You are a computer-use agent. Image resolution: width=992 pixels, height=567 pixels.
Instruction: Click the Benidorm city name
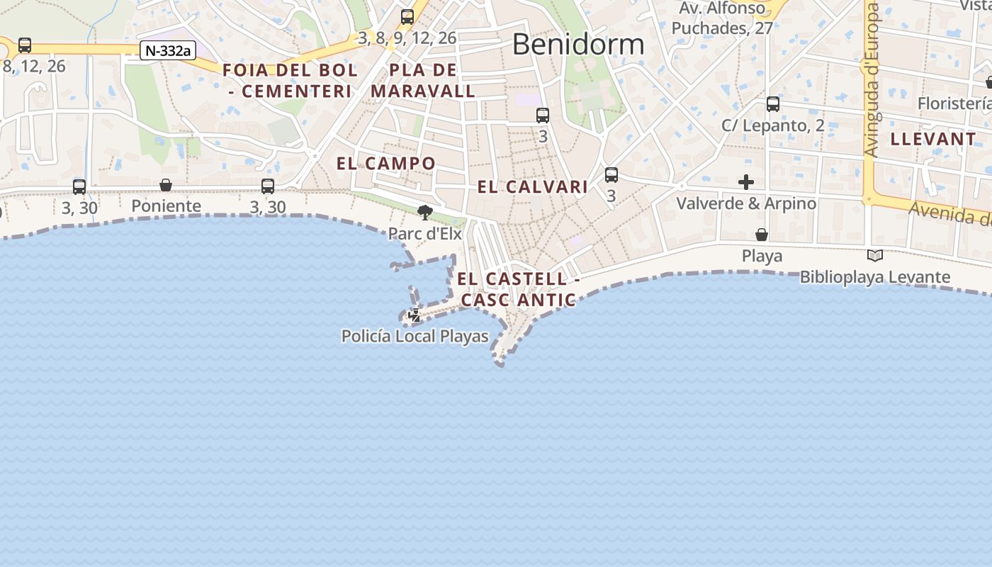pos(577,45)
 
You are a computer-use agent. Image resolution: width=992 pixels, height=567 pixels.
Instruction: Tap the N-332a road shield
pos(167,50)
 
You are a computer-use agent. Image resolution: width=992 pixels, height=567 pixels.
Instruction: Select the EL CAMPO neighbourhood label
pos(386,163)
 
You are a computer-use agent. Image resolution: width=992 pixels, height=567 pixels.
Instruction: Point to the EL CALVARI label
pos(533,187)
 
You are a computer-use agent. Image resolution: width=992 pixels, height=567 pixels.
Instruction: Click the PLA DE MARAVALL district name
pos(423,81)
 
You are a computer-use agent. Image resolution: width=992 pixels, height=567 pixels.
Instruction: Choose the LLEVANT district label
pos(933,139)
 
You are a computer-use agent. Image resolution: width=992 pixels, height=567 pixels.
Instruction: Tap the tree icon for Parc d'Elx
pos(425,212)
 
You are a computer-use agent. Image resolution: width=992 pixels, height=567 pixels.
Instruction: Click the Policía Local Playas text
pos(415,336)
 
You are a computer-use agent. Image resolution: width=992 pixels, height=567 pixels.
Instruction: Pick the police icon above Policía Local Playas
pos(415,315)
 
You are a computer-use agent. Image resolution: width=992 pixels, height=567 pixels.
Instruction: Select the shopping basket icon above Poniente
pos(166,185)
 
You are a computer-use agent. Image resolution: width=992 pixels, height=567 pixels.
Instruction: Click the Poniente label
pos(167,206)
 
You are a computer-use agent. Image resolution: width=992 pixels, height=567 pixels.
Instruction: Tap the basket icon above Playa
pos(762,235)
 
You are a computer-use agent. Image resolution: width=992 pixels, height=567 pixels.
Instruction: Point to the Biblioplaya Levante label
pos(875,277)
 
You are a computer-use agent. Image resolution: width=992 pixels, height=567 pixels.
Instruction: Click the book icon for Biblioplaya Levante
pos(875,256)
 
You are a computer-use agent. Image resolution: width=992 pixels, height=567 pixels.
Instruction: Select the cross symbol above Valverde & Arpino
pos(745,182)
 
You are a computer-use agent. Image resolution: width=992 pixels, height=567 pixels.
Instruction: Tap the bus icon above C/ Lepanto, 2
pos(773,104)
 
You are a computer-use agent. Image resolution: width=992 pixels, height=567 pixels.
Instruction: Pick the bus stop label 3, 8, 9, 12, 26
pos(407,38)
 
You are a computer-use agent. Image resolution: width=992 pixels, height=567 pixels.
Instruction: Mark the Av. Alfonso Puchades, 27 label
pos(722,18)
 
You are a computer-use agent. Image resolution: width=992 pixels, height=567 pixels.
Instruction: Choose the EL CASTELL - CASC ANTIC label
pos(519,289)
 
